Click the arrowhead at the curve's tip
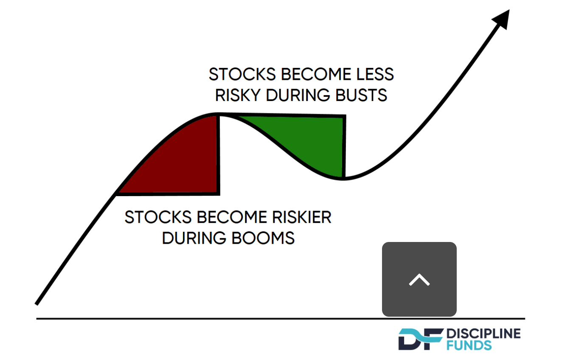pos(503,19)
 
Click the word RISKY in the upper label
pos(238,95)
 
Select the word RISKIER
pos(302,217)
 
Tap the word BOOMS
pos(263,238)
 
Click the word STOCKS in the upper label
pos(242,75)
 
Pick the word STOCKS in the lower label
pos(158,217)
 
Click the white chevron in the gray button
pos(419,280)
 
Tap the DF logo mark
pos(421,339)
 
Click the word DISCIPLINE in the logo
pos(483,334)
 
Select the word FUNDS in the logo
pos(469,345)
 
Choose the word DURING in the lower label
pos(194,238)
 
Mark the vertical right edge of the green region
pos(344,146)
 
